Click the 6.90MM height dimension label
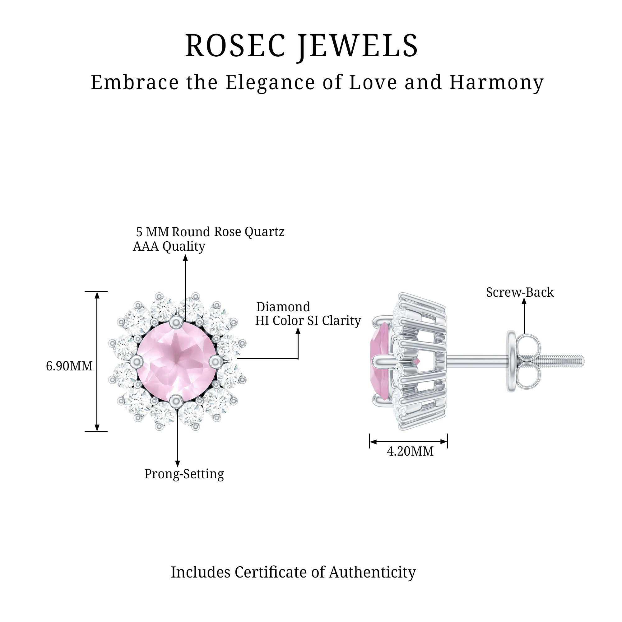(69, 366)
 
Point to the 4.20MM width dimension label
(410, 451)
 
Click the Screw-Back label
(520, 292)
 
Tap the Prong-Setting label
(184, 474)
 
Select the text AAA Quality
(169, 246)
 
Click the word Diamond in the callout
(283, 307)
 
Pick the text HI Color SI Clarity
(308, 321)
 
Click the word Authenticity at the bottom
(372, 573)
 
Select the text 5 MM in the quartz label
(152, 232)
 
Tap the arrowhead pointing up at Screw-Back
(524, 301)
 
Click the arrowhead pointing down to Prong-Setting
(177, 463)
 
